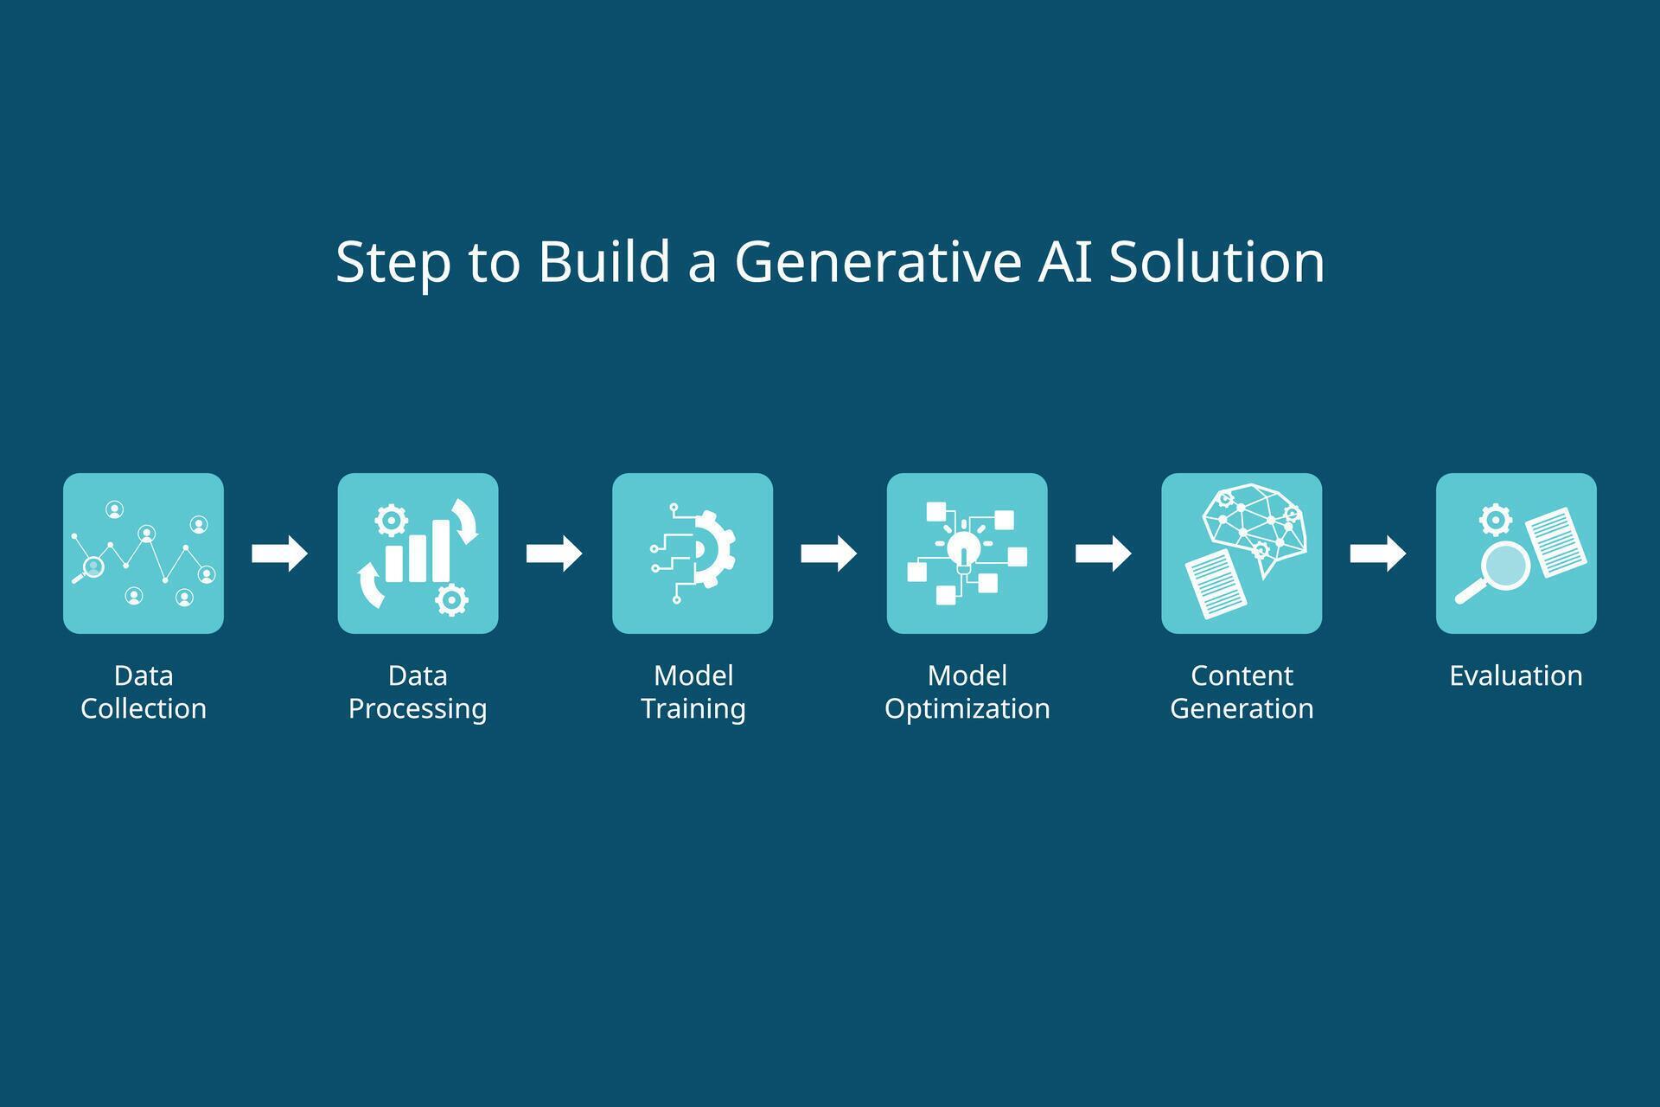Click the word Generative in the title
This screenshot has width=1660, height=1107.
[878, 261]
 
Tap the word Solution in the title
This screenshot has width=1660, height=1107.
[1216, 261]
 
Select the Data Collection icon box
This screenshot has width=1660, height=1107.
[144, 553]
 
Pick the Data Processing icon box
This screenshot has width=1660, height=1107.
[418, 553]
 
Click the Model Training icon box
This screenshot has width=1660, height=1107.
[693, 553]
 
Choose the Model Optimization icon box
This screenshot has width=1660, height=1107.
[967, 553]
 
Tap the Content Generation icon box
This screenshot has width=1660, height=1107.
[1242, 553]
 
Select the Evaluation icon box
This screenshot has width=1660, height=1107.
[1516, 553]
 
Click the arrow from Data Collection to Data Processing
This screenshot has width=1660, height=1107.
[279, 553]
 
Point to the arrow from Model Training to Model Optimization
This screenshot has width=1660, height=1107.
[828, 553]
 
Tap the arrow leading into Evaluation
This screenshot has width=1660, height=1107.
[1377, 553]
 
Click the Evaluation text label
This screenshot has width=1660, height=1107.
[1516, 675]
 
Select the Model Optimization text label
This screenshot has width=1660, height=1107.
[967, 692]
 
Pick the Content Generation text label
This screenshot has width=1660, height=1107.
[1242, 692]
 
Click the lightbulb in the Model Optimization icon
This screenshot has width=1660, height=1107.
[963, 548]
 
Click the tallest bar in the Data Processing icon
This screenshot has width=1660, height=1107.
[441, 550]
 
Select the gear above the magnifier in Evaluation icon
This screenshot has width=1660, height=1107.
[1495, 520]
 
